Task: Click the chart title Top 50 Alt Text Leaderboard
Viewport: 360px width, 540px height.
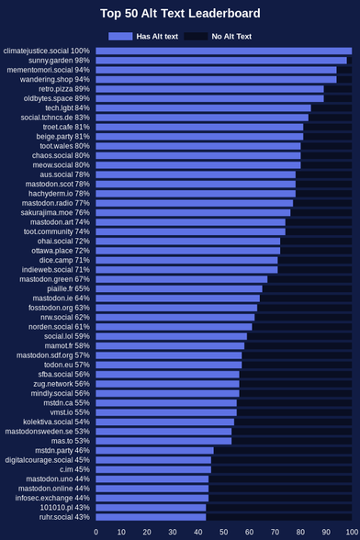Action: pos(180,14)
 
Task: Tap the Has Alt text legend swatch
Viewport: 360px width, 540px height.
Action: pos(120,36)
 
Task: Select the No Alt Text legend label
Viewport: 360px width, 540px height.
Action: pos(231,36)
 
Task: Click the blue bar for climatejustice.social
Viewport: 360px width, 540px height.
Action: pos(224,51)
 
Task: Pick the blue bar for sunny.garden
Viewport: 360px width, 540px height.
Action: pos(221,61)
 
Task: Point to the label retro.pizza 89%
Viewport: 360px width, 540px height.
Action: pos(64,89)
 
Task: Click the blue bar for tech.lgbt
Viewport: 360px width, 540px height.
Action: pos(203,108)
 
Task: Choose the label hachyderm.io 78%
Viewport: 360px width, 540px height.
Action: pos(59,194)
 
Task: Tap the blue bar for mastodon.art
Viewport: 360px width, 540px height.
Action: pos(190,222)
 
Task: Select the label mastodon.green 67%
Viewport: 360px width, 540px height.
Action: pos(54,279)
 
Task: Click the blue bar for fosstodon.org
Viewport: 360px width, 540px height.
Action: pos(176,308)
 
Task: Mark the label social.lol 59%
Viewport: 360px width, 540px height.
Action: pos(67,336)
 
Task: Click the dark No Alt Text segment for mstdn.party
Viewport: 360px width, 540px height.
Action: pos(283,450)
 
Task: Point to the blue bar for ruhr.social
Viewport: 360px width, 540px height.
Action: pos(151,517)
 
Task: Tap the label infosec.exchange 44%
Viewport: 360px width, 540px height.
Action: pos(52,498)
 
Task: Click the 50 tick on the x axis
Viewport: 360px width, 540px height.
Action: pos(223,532)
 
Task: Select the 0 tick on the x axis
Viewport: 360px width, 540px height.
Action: pos(96,532)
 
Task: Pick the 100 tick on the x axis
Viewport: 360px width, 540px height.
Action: pos(352,532)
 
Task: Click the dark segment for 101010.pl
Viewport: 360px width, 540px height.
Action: pos(279,508)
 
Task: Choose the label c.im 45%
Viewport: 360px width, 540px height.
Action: pos(74,469)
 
